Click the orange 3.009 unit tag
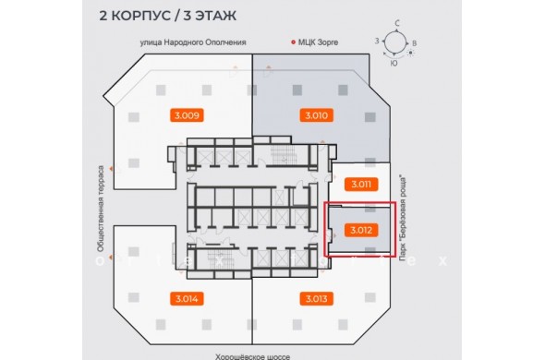187,115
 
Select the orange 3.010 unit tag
316,115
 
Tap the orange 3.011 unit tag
361,185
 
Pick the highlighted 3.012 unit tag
361,230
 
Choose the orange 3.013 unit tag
316,298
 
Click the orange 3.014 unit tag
187,298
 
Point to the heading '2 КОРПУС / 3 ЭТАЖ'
168,16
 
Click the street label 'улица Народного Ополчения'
193,42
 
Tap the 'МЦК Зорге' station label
318,42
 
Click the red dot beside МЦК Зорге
293,42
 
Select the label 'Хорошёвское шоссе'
252,356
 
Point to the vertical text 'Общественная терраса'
101,209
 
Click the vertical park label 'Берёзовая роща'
403,218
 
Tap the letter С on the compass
397,24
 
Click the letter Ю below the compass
394,64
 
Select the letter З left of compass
377,41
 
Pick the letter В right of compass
415,43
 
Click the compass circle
395,32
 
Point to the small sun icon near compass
411,54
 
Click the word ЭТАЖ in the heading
215,16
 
